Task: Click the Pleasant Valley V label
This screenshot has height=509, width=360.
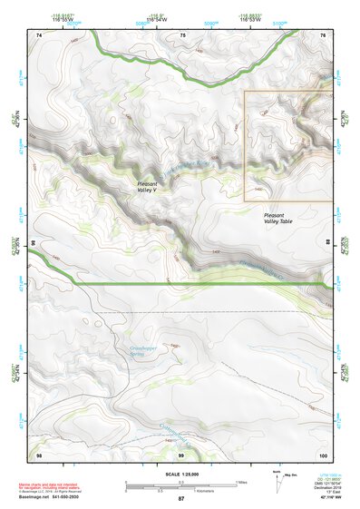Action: (141, 188)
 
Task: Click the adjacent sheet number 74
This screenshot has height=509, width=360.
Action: (38, 34)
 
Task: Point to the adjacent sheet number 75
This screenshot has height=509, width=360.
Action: (181, 34)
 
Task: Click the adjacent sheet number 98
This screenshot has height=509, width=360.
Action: (38, 454)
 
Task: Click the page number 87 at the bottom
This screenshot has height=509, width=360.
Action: (180, 499)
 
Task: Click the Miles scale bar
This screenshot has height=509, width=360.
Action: (181, 482)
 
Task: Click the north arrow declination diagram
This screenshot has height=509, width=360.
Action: (275, 477)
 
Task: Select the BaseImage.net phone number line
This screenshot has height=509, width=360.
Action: (53, 497)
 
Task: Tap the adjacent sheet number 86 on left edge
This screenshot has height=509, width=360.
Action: (33, 243)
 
